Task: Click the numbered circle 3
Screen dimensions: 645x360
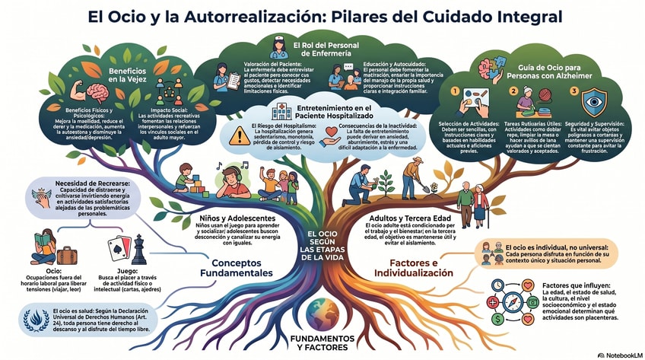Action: click(574, 92)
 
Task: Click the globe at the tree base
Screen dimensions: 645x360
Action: click(323, 314)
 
